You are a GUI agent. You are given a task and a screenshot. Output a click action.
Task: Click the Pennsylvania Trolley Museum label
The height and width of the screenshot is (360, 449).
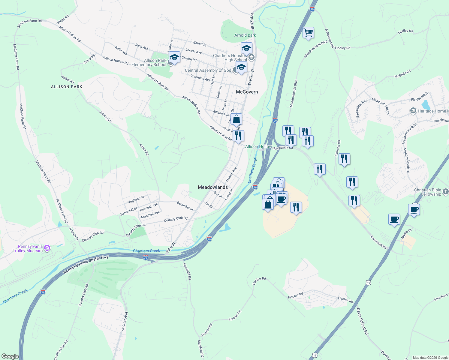click(x=28, y=249)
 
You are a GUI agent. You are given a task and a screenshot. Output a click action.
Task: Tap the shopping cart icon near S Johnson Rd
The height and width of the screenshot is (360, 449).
click(x=308, y=33)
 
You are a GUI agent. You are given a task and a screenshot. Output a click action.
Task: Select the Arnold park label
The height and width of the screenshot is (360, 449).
click(x=245, y=35)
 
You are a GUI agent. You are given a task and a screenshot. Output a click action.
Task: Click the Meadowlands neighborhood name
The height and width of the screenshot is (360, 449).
click(x=212, y=187)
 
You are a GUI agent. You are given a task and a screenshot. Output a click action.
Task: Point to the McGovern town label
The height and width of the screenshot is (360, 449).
click(x=247, y=92)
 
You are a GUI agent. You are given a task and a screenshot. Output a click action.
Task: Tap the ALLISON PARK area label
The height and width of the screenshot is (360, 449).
click(x=67, y=87)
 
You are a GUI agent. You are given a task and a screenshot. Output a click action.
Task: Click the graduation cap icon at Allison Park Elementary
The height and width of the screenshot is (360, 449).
click(x=174, y=57)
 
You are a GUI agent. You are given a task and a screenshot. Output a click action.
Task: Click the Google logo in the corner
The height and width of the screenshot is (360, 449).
click(x=10, y=356)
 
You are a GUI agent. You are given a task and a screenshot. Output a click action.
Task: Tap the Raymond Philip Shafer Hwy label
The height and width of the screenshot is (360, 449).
click(x=86, y=264)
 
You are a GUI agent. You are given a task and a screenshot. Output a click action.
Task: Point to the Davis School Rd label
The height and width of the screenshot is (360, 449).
click(x=362, y=321)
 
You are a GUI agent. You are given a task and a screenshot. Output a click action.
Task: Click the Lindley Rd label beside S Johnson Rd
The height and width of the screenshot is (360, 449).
click(x=342, y=48)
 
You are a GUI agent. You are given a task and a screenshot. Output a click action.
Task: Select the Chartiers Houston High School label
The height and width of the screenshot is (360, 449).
click(x=230, y=58)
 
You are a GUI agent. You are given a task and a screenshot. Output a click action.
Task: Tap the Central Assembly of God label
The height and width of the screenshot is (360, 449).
click(x=208, y=70)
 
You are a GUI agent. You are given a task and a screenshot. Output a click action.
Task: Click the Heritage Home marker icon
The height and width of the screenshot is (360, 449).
click(x=413, y=111)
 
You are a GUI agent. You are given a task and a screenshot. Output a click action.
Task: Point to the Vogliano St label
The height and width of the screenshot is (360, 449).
click(x=136, y=199)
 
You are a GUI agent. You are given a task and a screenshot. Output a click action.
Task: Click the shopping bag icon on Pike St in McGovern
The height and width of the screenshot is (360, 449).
click(x=237, y=119)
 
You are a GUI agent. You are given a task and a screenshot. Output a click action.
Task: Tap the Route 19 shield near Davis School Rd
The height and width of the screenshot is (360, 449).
click(x=368, y=282)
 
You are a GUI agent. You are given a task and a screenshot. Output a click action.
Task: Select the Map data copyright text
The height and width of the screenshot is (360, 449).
click(x=430, y=358)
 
